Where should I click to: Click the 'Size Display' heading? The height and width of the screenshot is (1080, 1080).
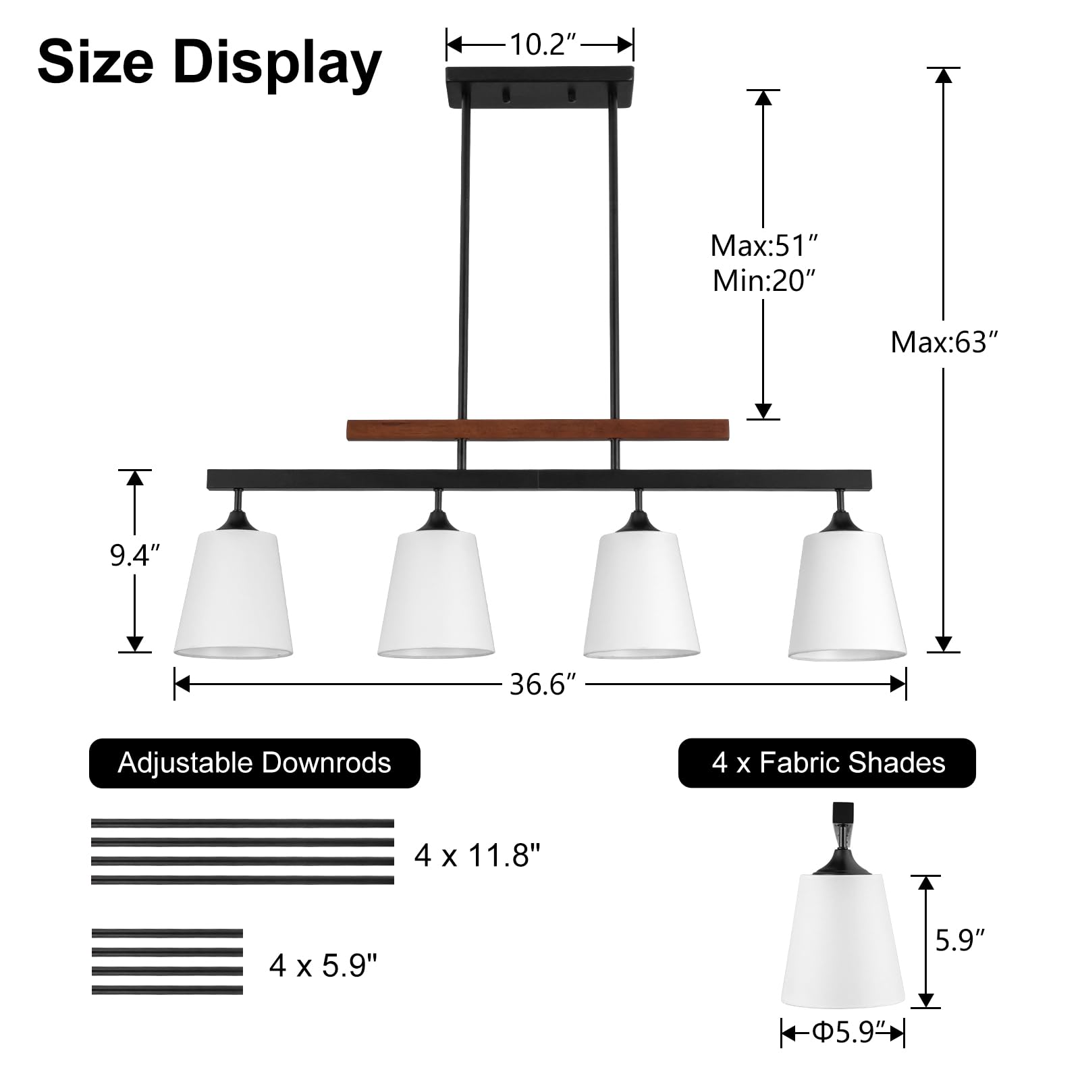point(209,63)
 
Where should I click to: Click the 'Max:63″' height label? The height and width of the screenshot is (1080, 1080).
point(944,342)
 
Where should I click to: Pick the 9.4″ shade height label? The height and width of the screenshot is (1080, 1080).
point(135,557)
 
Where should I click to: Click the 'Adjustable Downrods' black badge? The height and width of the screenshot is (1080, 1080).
point(254,763)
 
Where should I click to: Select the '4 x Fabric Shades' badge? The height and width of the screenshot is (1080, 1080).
point(828,763)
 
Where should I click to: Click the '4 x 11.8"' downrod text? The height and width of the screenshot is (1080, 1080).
point(478,856)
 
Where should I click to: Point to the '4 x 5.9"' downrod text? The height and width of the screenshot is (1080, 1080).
point(323,965)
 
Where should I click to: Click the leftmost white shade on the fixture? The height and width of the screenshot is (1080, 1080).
point(234,594)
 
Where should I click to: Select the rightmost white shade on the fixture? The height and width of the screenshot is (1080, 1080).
point(847,594)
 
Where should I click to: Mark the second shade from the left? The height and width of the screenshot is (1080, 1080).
point(436,594)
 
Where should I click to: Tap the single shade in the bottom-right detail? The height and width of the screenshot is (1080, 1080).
point(843,942)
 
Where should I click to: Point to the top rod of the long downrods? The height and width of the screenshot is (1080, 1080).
point(242,823)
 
